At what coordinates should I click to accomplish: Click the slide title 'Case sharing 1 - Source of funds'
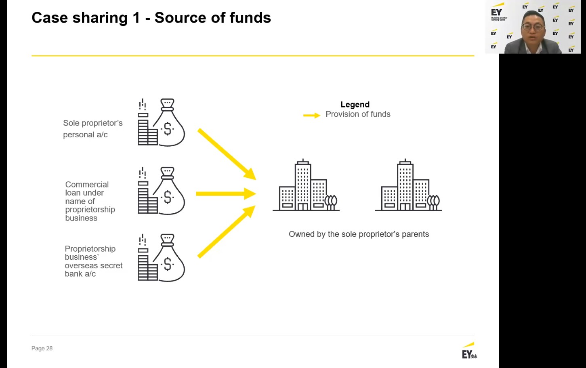pos(151,18)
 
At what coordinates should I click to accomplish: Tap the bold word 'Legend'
pos(355,105)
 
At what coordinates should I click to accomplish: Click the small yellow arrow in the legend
pos(312,115)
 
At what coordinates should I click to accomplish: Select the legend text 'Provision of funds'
pos(358,114)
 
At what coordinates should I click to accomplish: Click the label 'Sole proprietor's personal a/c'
pos(92,129)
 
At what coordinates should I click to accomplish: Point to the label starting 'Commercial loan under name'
pos(90,201)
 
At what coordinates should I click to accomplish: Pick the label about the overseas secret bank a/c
pos(93,261)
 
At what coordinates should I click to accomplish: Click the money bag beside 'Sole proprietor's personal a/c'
pos(161,122)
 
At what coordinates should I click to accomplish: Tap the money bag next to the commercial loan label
pos(161,191)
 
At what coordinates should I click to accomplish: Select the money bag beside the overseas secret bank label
pos(161,258)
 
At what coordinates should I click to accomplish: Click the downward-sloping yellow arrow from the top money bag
pos(227,154)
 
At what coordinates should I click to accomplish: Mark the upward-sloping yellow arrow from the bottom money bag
pos(227,231)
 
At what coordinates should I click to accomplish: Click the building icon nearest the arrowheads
pos(306,185)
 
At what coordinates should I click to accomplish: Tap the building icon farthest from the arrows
pos(408,185)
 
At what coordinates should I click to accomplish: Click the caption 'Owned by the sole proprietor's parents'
pos(359,234)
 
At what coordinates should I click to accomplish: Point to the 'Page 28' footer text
pos(42,348)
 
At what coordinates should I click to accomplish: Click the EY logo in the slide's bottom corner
pos(469,351)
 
